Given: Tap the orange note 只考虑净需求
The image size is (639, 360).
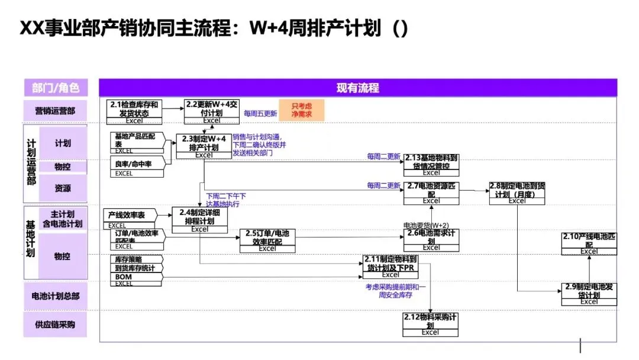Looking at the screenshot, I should (x=302, y=110).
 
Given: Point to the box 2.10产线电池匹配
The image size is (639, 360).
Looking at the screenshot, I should (x=589, y=243).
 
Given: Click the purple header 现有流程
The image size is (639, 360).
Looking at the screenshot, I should (x=357, y=88).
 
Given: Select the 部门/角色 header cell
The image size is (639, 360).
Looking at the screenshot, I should (x=55, y=88).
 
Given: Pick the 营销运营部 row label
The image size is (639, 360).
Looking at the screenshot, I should (x=55, y=110).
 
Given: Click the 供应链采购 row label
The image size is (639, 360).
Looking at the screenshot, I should (x=55, y=324).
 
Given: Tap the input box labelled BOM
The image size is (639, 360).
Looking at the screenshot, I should (x=124, y=277).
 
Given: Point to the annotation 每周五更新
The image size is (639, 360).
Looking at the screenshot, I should (x=260, y=113).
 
